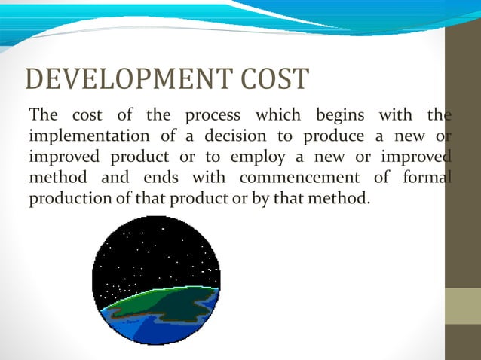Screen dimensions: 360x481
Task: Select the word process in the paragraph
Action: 213,115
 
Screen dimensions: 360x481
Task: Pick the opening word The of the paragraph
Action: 42,115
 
